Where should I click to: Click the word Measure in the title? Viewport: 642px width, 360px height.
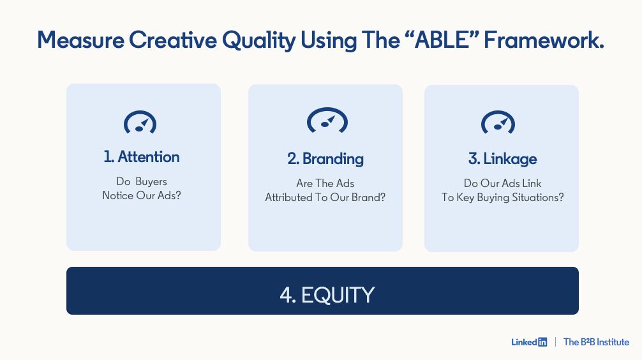tap(80, 40)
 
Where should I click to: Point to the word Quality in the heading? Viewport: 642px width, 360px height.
tap(258, 41)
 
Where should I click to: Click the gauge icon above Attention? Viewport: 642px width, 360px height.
tap(140, 122)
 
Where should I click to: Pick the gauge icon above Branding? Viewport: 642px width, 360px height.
tap(327, 120)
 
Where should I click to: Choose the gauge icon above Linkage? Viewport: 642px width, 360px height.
tap(498, 122)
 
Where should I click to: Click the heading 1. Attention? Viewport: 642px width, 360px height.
tap(141, 157)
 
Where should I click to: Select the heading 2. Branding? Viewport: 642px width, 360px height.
tap(325, 159)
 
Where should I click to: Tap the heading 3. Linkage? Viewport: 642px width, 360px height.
tap(502, 159)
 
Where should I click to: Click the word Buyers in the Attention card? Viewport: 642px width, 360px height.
tap(151, 182)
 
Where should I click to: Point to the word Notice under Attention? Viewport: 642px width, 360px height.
tap(118, 195)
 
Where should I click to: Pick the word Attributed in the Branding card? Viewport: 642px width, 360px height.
tap(288, 197)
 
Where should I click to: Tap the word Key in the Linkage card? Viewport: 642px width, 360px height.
tap(465, 198)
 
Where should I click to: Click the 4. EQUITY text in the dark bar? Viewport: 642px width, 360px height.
tap(327, 295)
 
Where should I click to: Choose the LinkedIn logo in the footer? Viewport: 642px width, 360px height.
tap(529, 342)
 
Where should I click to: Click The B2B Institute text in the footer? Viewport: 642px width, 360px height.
tap(596, 342)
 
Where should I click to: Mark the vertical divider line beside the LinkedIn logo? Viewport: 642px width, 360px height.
tap(555, 342)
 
